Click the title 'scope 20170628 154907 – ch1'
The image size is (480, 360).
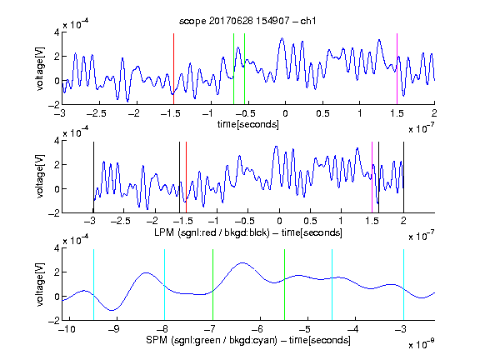tap(247, 21)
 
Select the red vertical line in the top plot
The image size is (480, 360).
tap(173, 69)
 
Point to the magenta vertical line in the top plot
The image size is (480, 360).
tap(397, 69)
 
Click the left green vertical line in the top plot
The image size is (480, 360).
tap(233, 69)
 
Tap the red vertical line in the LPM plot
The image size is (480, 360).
tap(186, 177)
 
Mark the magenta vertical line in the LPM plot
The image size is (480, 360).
tap(372, 177)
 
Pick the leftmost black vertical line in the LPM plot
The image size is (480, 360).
tap(93, 177)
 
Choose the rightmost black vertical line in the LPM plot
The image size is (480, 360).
tap(403, 177)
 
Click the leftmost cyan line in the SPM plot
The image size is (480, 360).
tap(93, 285)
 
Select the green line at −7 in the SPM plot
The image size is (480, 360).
tap(212, 285)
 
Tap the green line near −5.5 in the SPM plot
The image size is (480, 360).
tap(284, 285)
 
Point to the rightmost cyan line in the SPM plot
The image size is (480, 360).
tap(403, 285)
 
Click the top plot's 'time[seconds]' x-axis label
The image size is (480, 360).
tap(248, 124)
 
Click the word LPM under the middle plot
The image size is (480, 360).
tap(164, 232)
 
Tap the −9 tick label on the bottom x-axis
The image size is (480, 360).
tap(113, 329)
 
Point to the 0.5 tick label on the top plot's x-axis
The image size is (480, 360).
tap(322, 113)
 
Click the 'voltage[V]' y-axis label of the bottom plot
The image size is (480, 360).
tap(40, 284)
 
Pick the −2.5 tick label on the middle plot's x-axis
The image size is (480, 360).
tap(120, 221)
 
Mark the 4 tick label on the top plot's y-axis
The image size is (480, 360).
tap(57, 32)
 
